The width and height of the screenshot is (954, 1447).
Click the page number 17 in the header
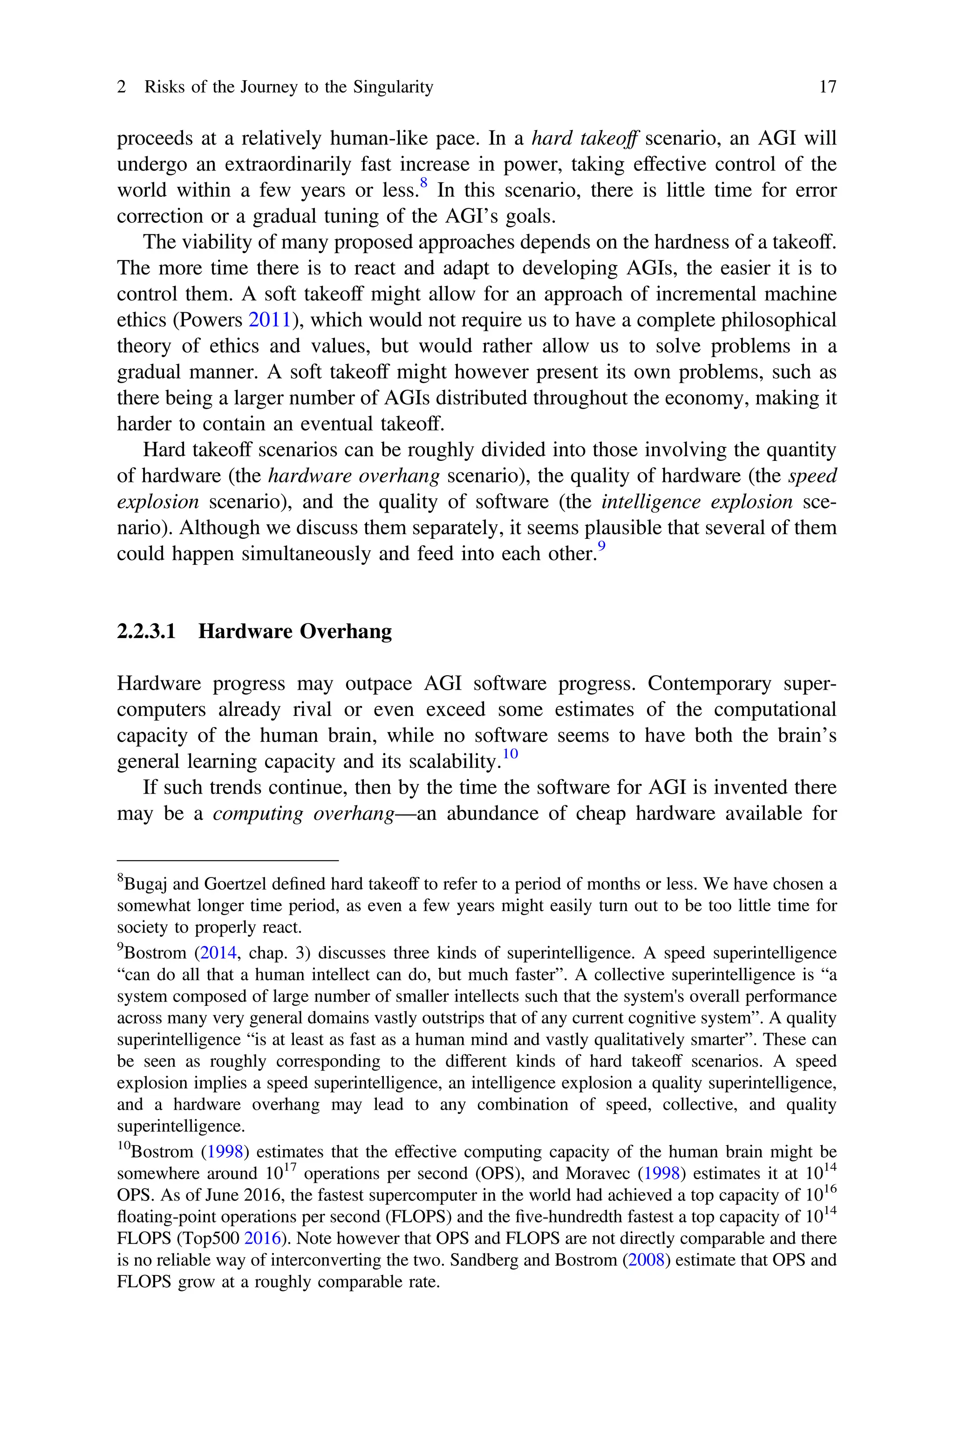tap(828, 88)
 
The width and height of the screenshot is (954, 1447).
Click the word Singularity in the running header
tap(392, 88)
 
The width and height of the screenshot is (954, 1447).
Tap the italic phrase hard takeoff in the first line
tap(584, 139)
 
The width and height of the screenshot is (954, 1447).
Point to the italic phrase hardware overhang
tap(354, 476)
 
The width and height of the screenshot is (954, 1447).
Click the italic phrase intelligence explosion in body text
tap(697, 502)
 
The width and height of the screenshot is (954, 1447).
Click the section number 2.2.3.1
tap(146, 631)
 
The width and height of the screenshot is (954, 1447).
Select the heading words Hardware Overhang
tap(295, 631)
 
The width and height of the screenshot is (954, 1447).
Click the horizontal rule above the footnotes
tap(227, 860)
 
